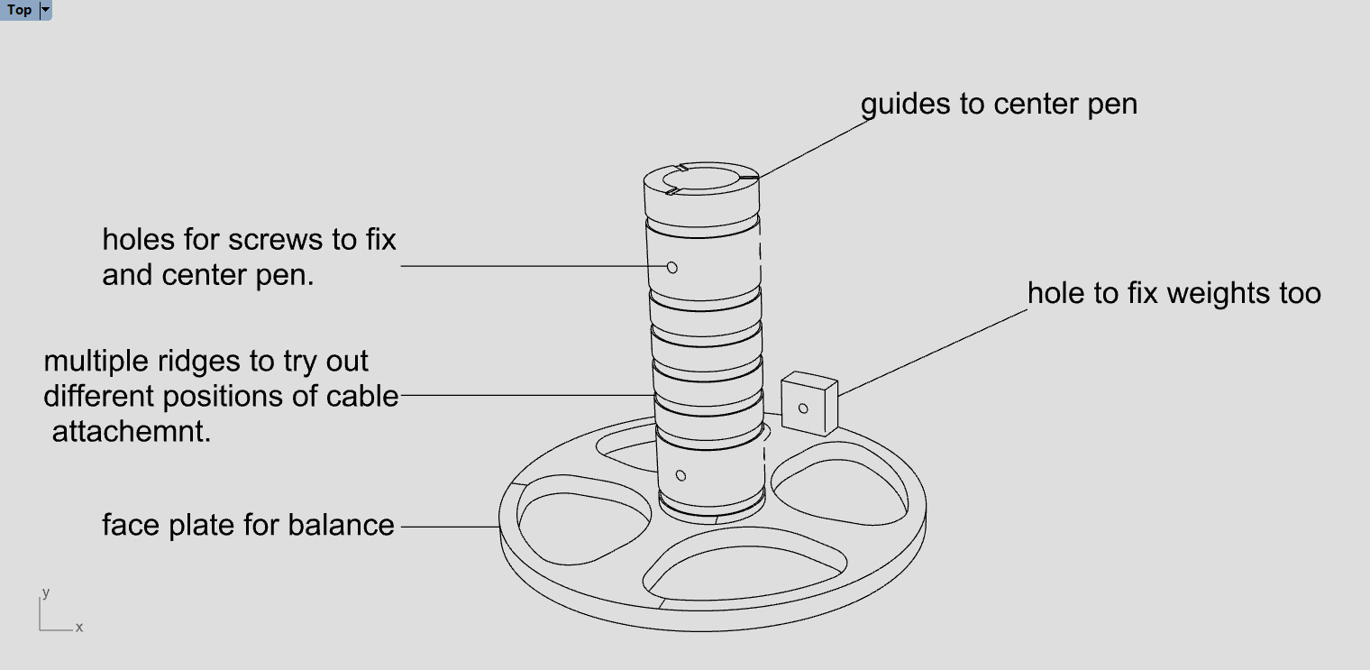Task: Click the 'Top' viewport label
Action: [19, 10]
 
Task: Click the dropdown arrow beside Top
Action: [46, 10]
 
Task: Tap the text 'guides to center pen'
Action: [999, 104]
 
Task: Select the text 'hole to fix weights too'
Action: [1174, 293]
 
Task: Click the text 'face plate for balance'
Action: [248, 525]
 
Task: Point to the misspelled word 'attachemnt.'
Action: [132, 432]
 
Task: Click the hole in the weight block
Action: [803, 408]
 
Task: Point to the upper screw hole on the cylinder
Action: [671, 267]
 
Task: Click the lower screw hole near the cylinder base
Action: [680, 475]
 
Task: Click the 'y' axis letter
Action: [45, 592]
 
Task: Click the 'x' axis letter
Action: [79, 627]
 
